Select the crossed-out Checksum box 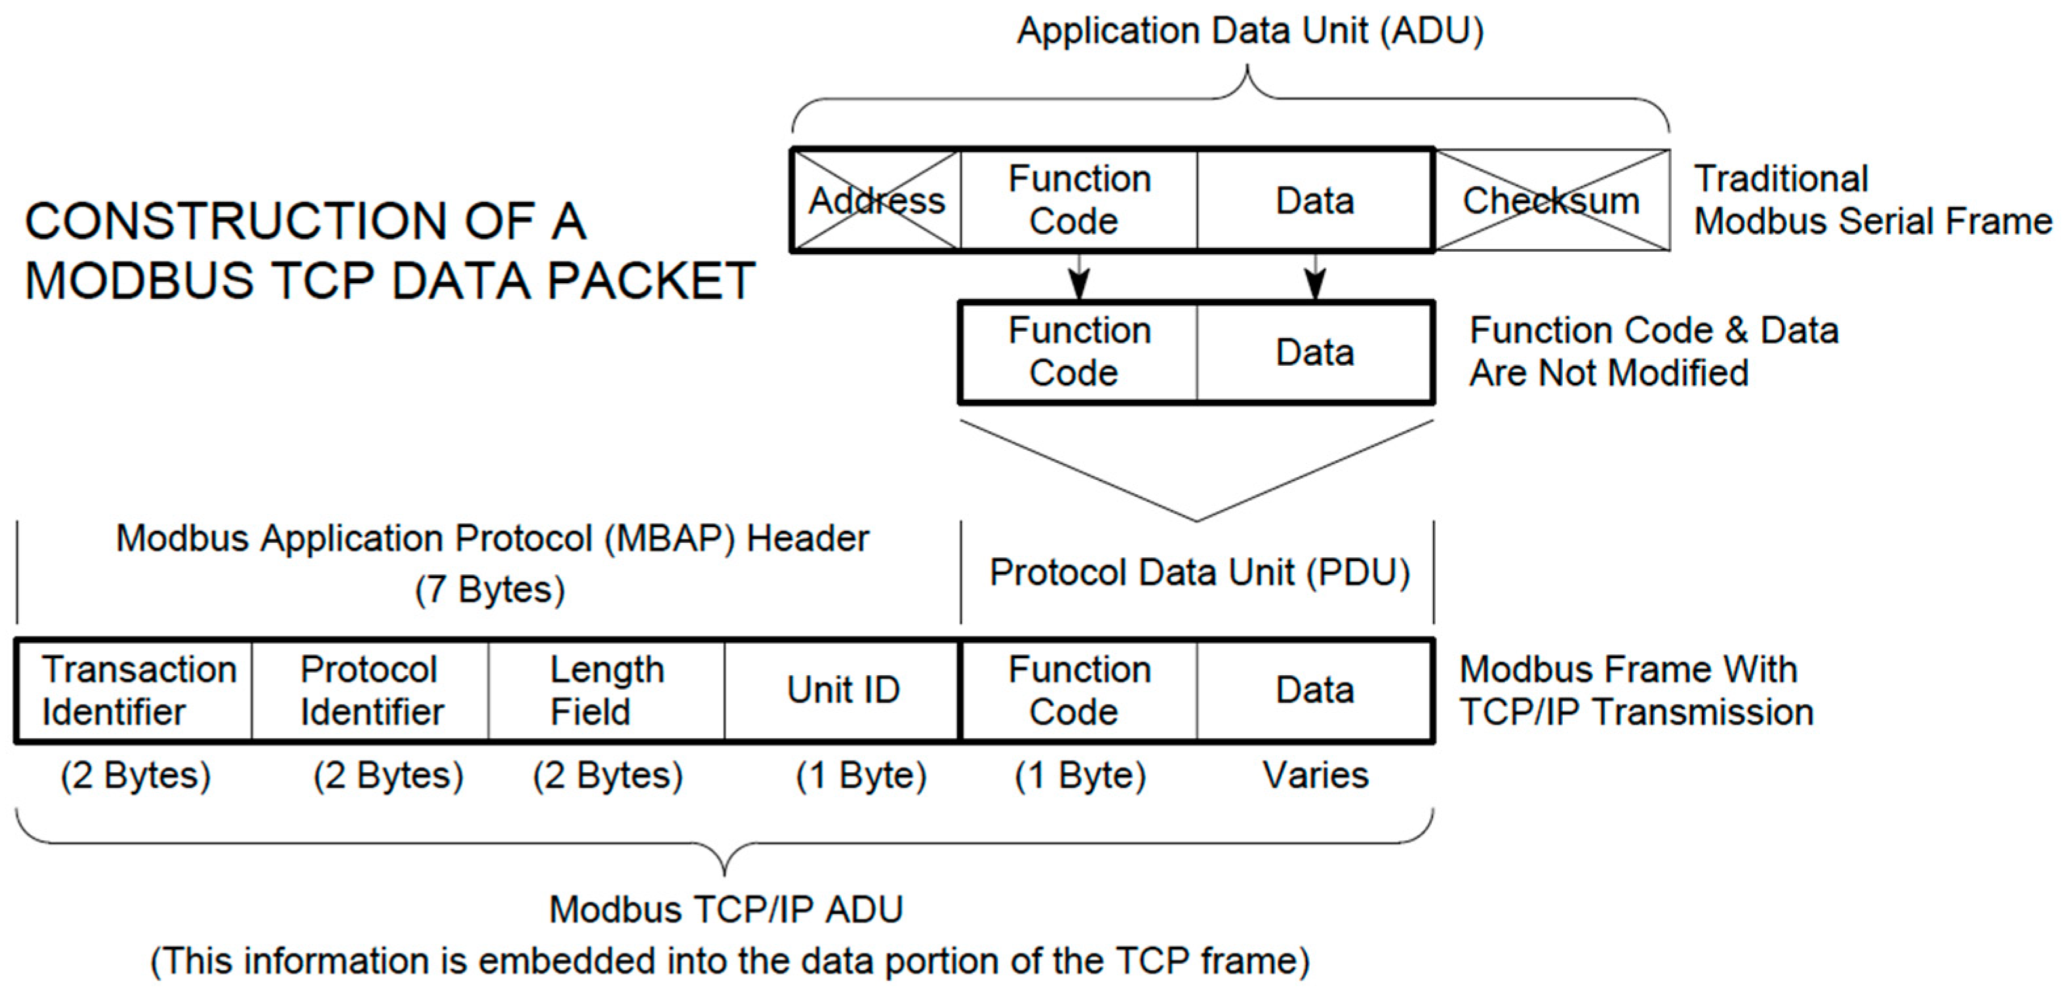[x=1552, y=201]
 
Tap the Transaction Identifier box [x=134, y=690]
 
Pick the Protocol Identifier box [x=370, y=690]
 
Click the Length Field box [x=607, y=690]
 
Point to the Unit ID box [x=842, y=690]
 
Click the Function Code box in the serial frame [x=1079, y=201]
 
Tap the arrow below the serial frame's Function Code [x=1079, y=277]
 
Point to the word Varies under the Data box [x=1316, y=775]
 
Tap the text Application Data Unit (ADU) [x=1249, y=31]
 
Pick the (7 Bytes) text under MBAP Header [x=490, y=590]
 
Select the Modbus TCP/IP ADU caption [x=726, y=910]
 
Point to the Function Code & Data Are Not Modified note [x=1654, y=352]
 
